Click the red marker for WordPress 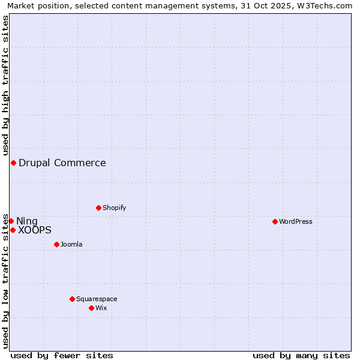275,221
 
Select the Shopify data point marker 98,208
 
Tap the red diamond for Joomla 56,244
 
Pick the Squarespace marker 72,299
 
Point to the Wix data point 91,308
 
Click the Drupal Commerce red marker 13,163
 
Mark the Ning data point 11,221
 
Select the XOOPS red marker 13,230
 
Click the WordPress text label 296,221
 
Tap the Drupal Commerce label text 62,163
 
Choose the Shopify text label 115,208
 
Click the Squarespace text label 97,299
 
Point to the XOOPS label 35,230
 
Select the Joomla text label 71,244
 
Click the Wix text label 101,308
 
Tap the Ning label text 27,221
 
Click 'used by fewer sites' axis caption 62,355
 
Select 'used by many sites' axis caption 301,355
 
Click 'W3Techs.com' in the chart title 323,6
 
